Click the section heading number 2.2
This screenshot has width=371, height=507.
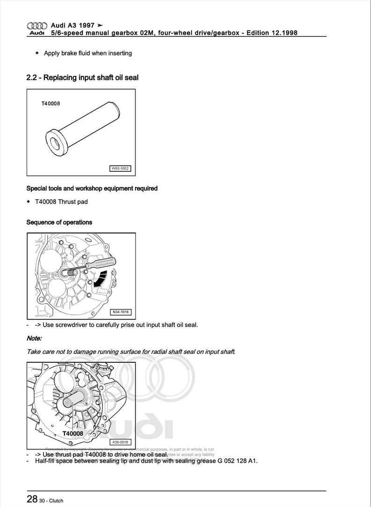click(32, 77)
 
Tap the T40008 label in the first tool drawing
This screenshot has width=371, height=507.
click(50, 104)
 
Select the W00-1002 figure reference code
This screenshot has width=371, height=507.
click(120, 169)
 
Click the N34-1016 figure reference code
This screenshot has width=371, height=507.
click(121, 312)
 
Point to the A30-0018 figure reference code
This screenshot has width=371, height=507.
click(121, 442)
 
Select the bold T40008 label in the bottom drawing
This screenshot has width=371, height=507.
click(72, 434)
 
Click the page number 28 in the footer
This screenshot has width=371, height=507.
click(32, 499)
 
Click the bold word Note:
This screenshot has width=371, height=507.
click(34, 338)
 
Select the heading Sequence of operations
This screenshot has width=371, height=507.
click(59, 222)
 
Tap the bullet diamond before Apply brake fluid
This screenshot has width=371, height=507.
click(37, 53)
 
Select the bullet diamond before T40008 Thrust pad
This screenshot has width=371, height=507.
click(29, 202)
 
